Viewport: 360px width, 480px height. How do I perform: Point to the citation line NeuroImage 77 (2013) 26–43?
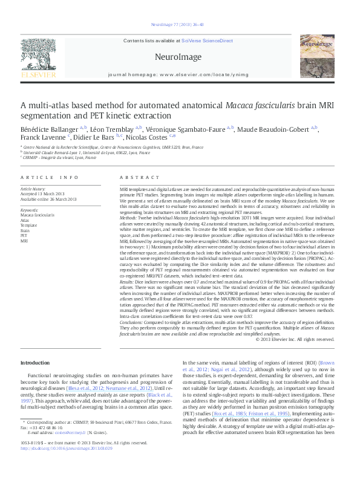coord(179,25)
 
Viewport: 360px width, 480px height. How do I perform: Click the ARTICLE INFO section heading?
coord(49,177)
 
